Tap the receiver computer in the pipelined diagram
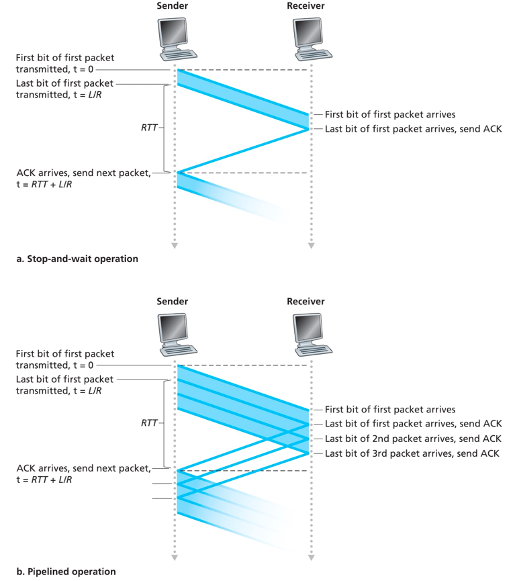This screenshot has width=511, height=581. (x=310, y=333)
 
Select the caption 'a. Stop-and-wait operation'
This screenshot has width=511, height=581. (x=77, y=259)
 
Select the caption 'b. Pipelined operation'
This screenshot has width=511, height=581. (x=66, y=572)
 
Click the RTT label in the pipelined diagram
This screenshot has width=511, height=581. (x=150, y=424)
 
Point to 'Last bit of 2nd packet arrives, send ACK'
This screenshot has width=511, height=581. (x=412, y=439)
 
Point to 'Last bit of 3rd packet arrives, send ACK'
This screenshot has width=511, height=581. (x=412, y=454)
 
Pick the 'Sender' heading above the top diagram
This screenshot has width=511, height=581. (x=173, y=6)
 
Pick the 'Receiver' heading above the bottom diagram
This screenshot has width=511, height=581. (x=306, y=302)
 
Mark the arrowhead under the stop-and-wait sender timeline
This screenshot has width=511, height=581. (x=174, y=246)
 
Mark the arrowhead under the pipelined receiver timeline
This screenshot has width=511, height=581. (x=310, y=558)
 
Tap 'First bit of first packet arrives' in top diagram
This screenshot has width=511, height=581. (x=389, y=114)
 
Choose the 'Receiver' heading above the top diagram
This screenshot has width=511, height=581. (x=306, y=6)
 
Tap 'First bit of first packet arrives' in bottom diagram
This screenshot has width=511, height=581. (x=389, y=409)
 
